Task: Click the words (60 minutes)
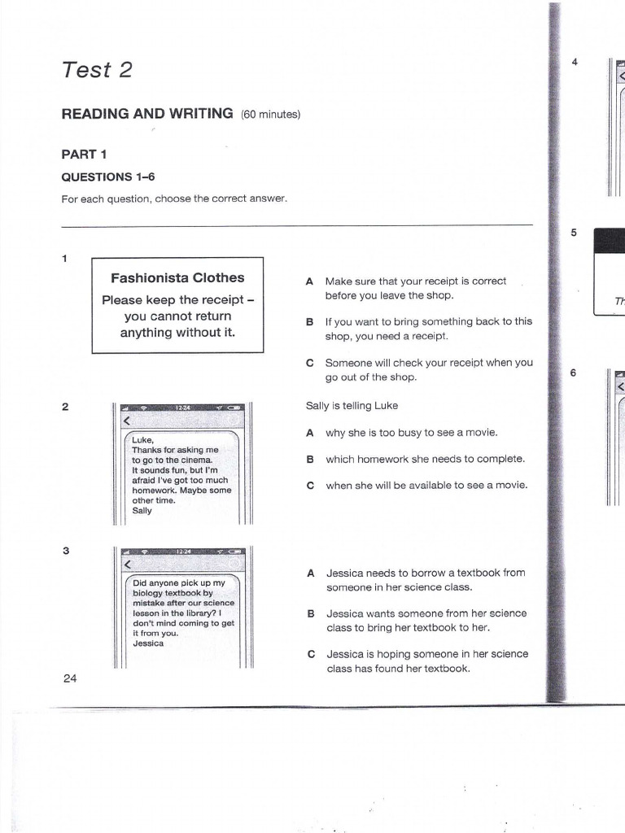pyautogui.click(x=270, y=115)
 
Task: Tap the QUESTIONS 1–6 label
pyautogui.click(x=108, y=177)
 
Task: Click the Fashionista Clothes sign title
pyautogui.click(x=177, y=278)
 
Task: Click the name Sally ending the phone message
pyautogui.click(x=142, y=511)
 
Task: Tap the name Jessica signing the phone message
pyautogui.click(x=148, y=643)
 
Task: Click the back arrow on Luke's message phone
pyautogui.click(x=126, y=421)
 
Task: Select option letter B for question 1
pyautogui.click(x=309, y=322)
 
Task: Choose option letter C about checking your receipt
pyautogui.click(x=309, y=363)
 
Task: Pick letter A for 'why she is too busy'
pyautogui.click(x=309, y=433)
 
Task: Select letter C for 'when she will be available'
pyautogui.click(x=309, y=485)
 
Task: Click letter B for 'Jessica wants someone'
pyautogui.click(x=309, y=613)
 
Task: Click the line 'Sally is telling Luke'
pyautogui.click(x=352, y=405)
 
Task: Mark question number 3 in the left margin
pyautogui.click(x=65, y=551)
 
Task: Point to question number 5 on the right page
pyautogui.click(x=574, y=233)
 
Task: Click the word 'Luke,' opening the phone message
pyautogui.click(x=142, y=440)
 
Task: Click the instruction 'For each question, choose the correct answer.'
pyautogui.click(x=175, y=199)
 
